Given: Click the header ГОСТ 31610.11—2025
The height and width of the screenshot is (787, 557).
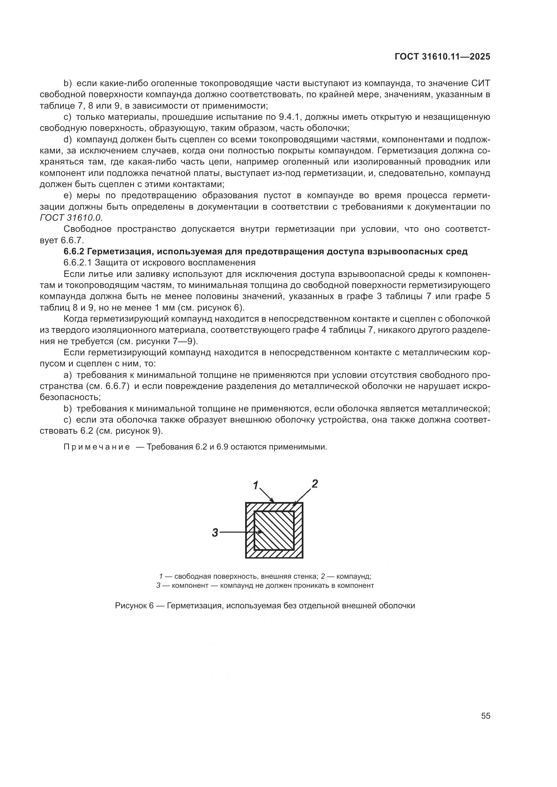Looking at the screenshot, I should [x=442, y=57].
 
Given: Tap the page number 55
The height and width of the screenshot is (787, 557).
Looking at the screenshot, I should [x=485, y=716].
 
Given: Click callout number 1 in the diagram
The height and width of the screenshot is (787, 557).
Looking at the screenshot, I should [x=256, y=486].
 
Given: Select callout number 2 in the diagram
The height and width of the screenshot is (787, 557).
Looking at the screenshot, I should [x=315, y=484].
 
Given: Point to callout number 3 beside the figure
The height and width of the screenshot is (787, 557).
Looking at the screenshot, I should [x=215, y=532].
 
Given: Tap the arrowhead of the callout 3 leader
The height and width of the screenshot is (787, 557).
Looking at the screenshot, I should [x=261, y=532].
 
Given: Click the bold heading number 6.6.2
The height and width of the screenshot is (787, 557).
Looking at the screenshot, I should [x=74, y=252].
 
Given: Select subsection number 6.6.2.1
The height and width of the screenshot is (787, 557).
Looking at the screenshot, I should [x=78, y=263].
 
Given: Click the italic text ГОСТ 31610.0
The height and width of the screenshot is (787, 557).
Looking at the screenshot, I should [x=71, y=218].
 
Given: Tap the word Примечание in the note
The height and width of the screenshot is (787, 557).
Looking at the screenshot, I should [x=97, y=447].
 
